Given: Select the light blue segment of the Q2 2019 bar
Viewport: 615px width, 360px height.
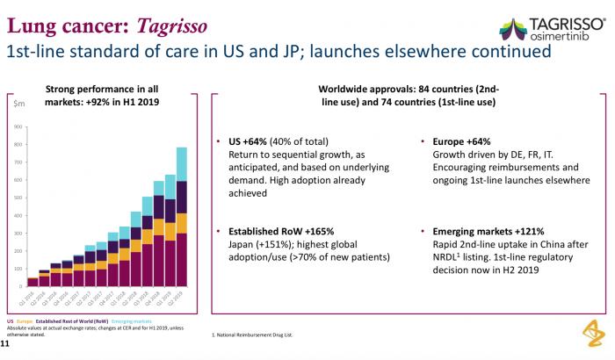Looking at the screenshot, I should click(x=180, y=164).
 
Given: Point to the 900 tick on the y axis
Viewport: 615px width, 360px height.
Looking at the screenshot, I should click(x=18, y=127).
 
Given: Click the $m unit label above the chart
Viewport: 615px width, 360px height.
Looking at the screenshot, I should click(x=18, y=104).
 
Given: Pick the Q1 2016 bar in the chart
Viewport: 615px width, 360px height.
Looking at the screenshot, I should click(x=33, y=282).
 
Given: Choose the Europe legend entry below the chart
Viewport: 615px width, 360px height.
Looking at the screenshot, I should click(x=24, y=324).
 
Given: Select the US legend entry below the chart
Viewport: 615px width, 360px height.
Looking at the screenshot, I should click(x=10, y=324).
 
